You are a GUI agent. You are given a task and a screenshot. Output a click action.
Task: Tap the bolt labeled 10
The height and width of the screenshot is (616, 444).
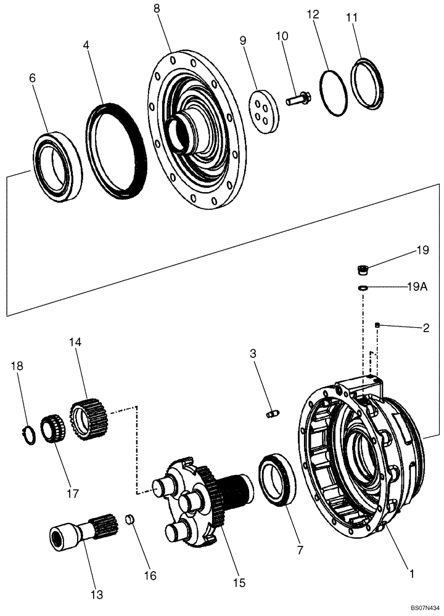coord(298,97)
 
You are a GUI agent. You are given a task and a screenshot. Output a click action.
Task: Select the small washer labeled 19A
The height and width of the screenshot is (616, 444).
coord(364,287)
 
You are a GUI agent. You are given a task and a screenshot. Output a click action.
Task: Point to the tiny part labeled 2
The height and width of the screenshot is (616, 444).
coord(377,325)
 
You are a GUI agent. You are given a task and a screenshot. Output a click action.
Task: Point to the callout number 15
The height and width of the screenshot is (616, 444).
coord(239,582)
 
